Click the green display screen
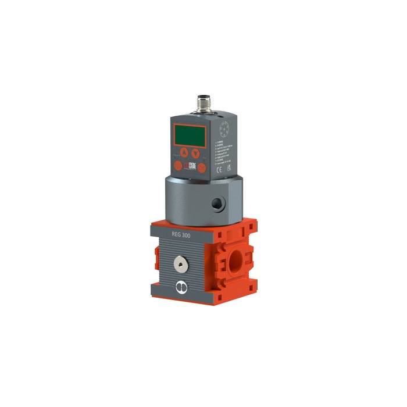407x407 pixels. pos(188,136)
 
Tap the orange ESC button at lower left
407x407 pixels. pos(177,167)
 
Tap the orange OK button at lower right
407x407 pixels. pos(201,168)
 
